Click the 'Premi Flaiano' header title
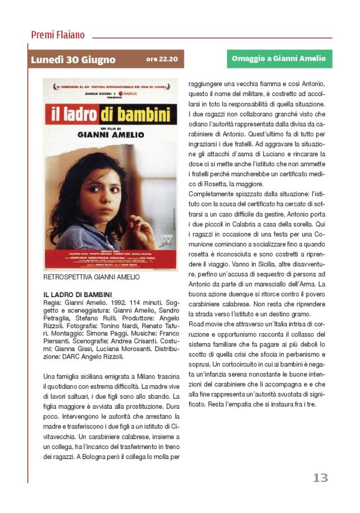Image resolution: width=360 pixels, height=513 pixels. pos(58,35)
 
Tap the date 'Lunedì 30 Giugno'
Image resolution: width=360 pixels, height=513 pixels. pos(73,60)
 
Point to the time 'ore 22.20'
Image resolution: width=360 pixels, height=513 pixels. pos(162,60)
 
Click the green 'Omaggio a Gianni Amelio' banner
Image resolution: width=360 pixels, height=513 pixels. pos(279,59)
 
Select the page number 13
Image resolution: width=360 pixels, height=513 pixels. pos(320,477)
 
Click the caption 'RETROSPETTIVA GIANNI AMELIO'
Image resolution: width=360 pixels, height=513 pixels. pos(91,277)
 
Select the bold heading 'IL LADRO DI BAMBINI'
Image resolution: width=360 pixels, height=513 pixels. pos(78,294)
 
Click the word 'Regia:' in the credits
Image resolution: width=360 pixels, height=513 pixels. pos(52,301)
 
